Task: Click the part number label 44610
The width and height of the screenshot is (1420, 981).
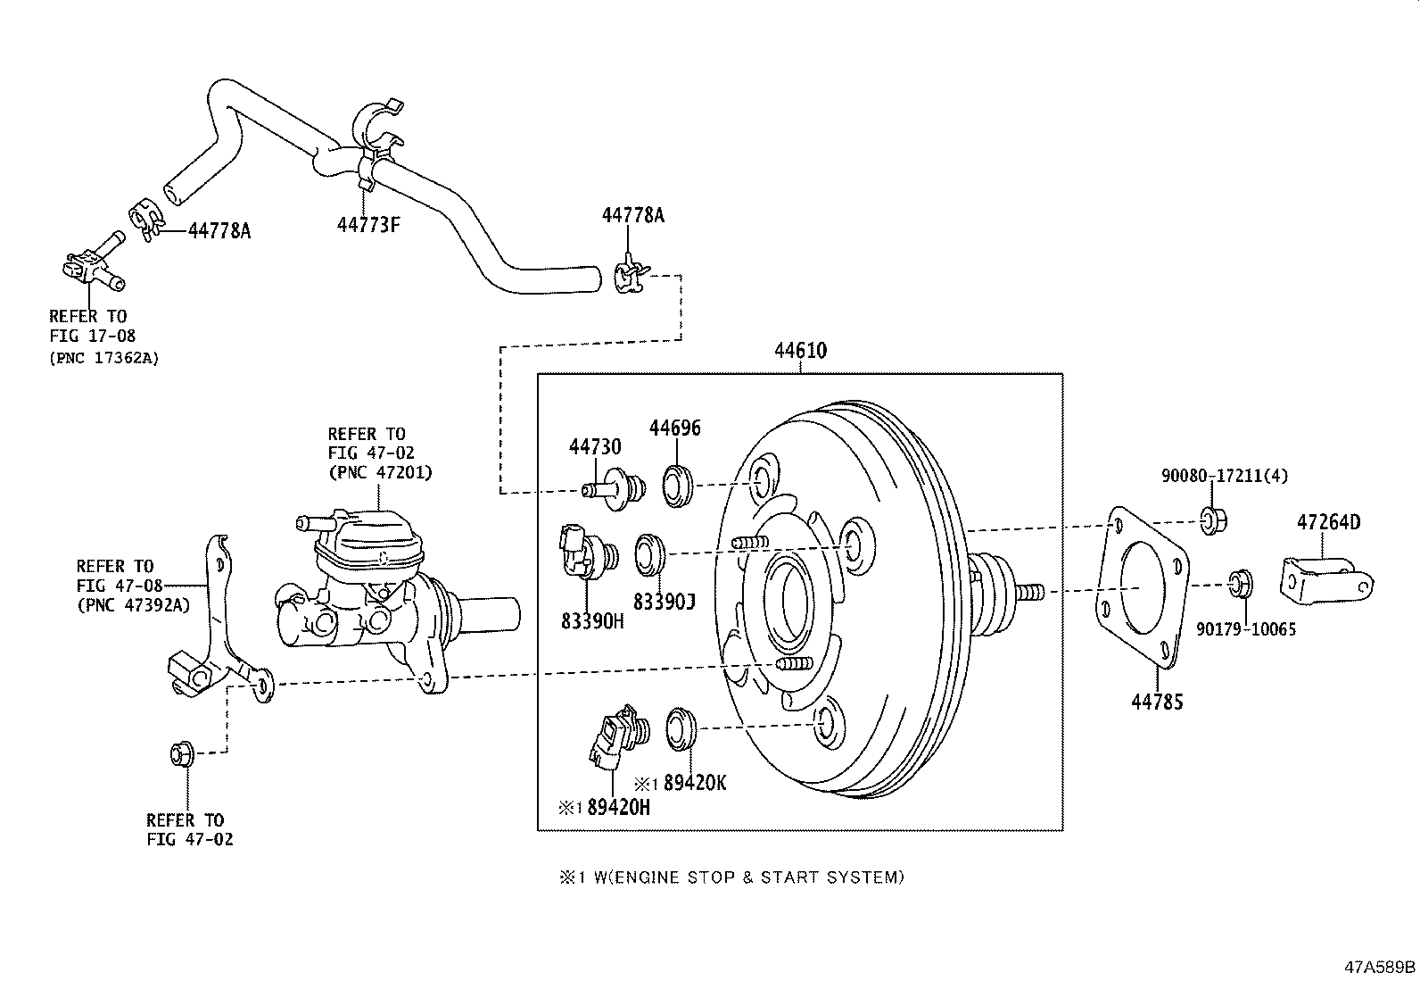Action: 800,351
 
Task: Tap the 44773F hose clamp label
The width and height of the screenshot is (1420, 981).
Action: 368,224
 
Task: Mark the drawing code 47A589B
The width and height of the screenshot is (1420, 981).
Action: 1380,966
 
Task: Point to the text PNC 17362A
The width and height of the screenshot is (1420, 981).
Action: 103,359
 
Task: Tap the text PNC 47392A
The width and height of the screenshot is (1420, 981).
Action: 133,604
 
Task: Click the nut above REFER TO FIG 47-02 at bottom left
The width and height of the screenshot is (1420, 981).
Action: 181,754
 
